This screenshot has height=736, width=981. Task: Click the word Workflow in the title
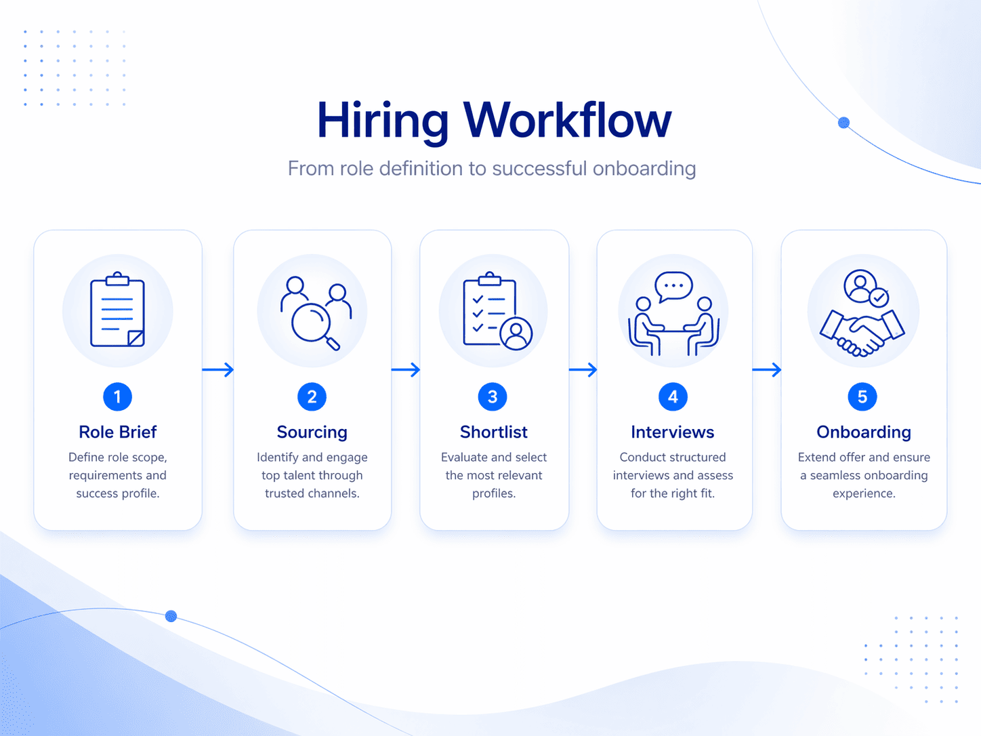(567, 119)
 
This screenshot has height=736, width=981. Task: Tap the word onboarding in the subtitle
(644, 169)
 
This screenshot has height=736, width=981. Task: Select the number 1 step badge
(117, 396)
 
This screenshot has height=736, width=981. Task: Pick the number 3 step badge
(493, 396)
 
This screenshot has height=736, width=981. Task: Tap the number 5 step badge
(862, 396)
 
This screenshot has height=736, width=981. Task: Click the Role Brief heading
(117, 432)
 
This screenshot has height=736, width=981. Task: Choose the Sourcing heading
(312, 432)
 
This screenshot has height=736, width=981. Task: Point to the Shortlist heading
(494, 432)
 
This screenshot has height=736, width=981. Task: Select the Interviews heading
(673, 432)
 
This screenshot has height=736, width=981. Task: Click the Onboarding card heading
(864, 432)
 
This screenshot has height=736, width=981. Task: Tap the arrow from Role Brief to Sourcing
(218, 369)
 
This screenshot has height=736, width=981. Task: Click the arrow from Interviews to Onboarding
(767, 369)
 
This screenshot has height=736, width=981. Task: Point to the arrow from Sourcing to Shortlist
(406, 369)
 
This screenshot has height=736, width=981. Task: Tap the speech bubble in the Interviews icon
(673, 287)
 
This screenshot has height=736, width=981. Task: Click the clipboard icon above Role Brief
(117, 309)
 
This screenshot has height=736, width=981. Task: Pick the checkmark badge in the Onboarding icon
(879, 298)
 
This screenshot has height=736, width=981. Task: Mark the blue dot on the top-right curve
(843, 123)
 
